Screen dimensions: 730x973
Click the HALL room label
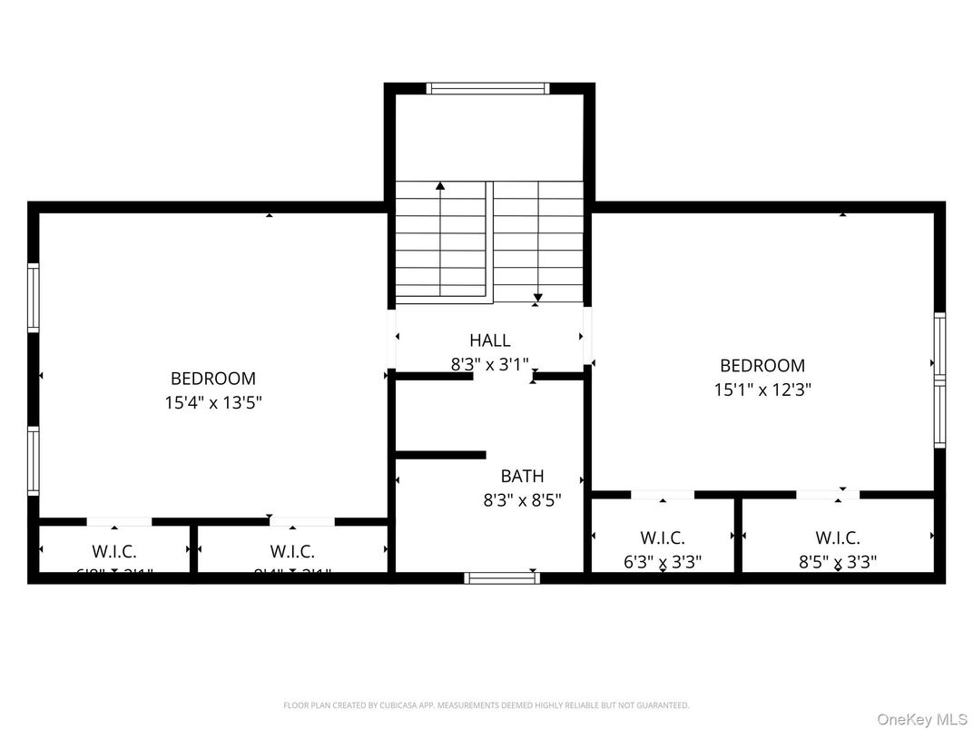tap(489, 340)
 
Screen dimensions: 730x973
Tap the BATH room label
tap(522, 476)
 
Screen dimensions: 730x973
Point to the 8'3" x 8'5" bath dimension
tap(522, 499)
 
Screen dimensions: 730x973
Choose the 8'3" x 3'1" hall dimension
tap(489, 364)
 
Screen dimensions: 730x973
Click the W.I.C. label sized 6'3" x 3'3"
tap(663, 538)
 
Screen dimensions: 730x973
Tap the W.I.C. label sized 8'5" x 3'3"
tap(837, 538)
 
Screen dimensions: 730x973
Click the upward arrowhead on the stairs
tap(440, 186)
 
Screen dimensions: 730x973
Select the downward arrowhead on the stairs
tap(537, 297)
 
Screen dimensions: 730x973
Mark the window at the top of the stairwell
tap(488, 88)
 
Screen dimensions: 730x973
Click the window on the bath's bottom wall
tap(502, 577)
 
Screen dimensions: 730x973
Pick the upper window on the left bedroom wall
tap(34, 297)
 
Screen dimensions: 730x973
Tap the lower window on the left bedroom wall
tap(34, 460)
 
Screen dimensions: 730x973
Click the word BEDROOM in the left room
tap(213, 379)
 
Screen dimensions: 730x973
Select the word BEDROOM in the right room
tap(762, 366)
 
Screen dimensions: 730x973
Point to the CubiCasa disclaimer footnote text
tap(486, 705)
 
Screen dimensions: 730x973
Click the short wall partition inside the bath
tap(441, 455)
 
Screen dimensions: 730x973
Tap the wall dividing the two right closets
tap(738, 536)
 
